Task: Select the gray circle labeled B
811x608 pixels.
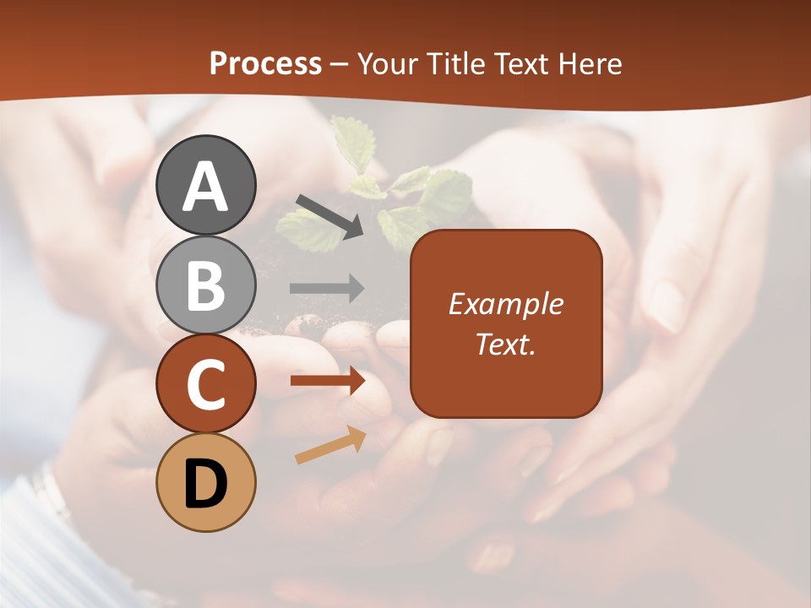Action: pyautogui.click(x=206, y=284)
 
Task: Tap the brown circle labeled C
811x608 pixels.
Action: pyautogui.click(x=206, y=383)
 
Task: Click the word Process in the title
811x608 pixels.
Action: pyautogui.click(x=265, y=64)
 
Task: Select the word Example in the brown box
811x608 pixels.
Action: pyautogui.click(x=505, y=304)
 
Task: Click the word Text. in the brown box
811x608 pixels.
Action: pyautogui.click(x=505, y=344)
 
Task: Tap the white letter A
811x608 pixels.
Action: pyautogui.click(x=206, y=186)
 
